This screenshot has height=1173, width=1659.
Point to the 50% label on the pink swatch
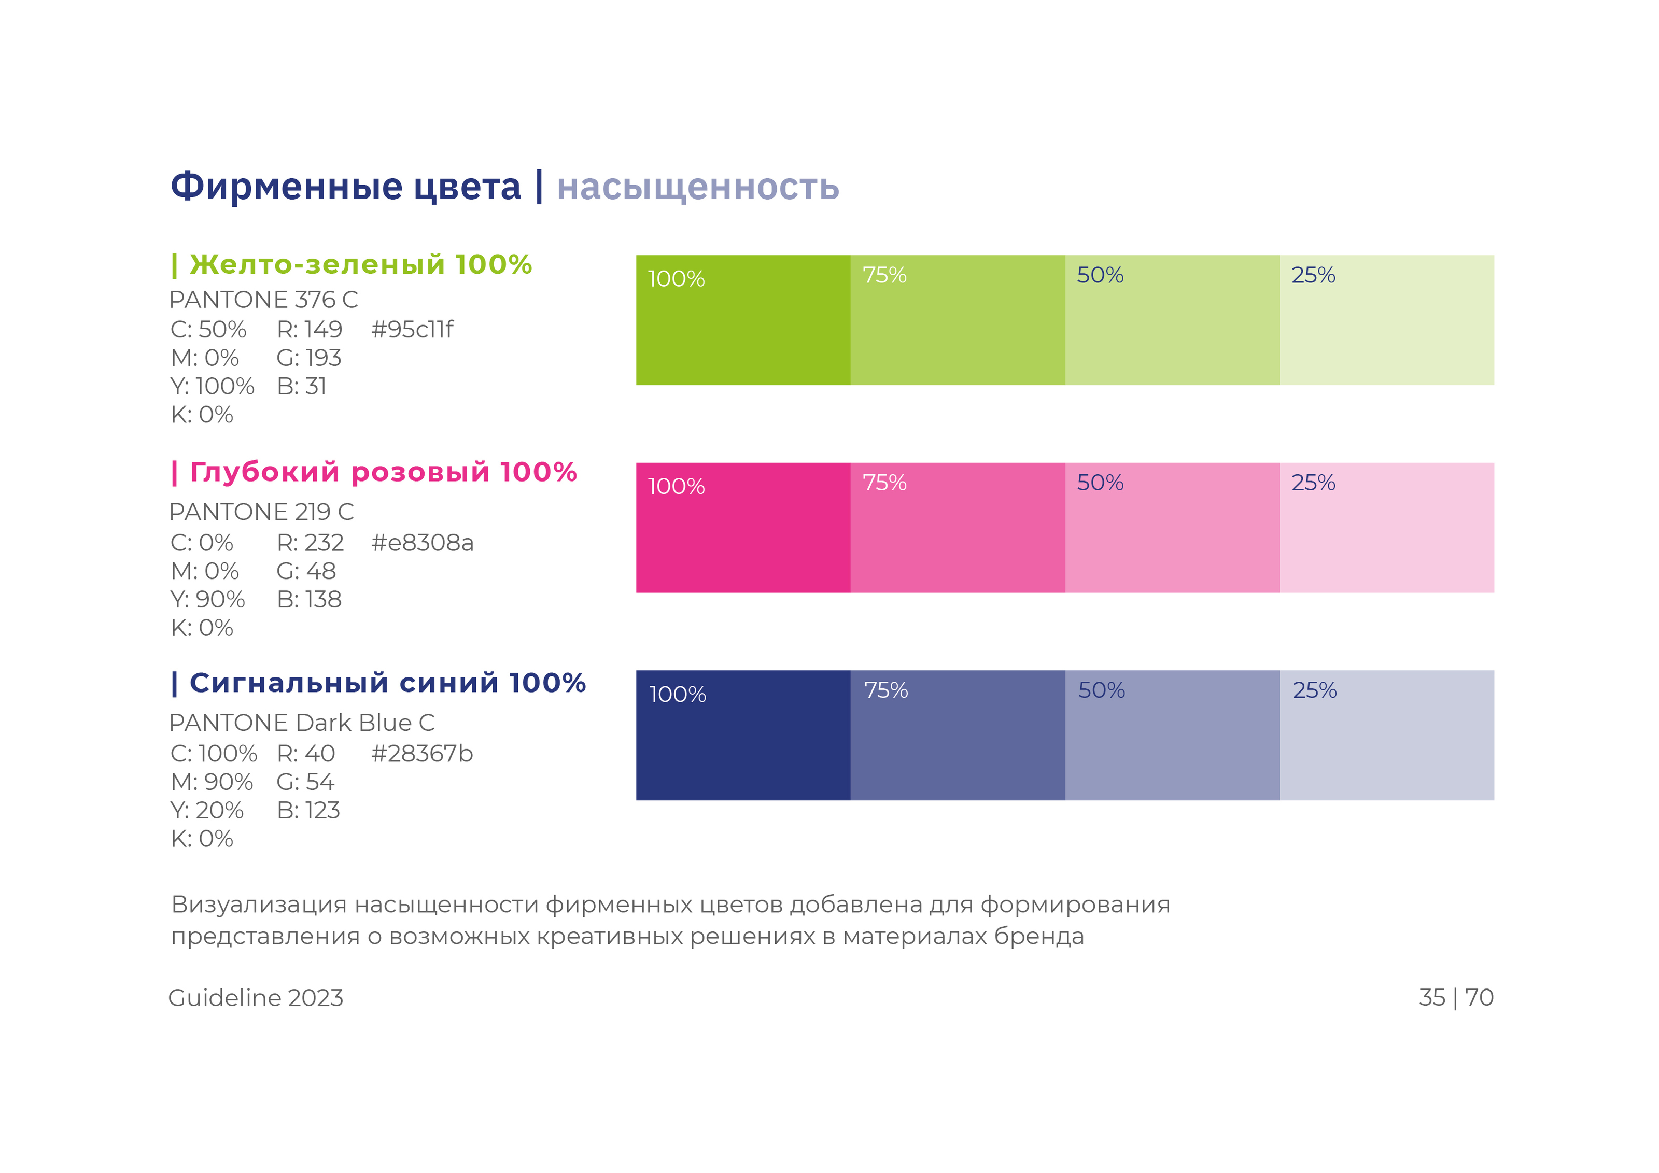point(1100,483)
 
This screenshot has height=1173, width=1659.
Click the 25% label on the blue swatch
point(1314,690)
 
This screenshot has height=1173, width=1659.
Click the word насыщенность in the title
point(697,187)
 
